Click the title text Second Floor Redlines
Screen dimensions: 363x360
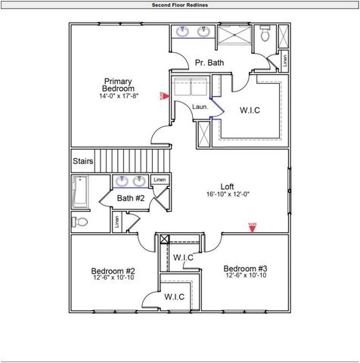pyautogui.click(x=179, y=5)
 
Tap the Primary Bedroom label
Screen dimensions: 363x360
pyautogui.click(x=118, y=85)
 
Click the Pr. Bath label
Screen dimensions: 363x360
pyautogui.click(x=209, y=63)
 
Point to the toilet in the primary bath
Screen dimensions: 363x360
pyautogui.click(x=265, y=35)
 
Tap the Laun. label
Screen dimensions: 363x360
pyautogui.click(x=200, y=107)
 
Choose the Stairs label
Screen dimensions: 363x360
pyautogui.click(x=82, y=161)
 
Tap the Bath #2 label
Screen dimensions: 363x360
pyautogui.click(x=130, y=198)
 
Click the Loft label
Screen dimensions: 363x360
pyautogui.click(x=227, y=186)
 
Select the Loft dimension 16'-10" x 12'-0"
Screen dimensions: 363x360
pyautogui.click(x=227, y=195)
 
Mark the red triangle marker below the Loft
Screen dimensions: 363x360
pyautogui.click(x=253, y=225)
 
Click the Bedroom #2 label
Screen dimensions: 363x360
pyautogui.click(x=113, y=271)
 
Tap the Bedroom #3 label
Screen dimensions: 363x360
pyautogui.click(x=244, y=268)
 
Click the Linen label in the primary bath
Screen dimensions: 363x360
pyautogui.click(x=284, y=59)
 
